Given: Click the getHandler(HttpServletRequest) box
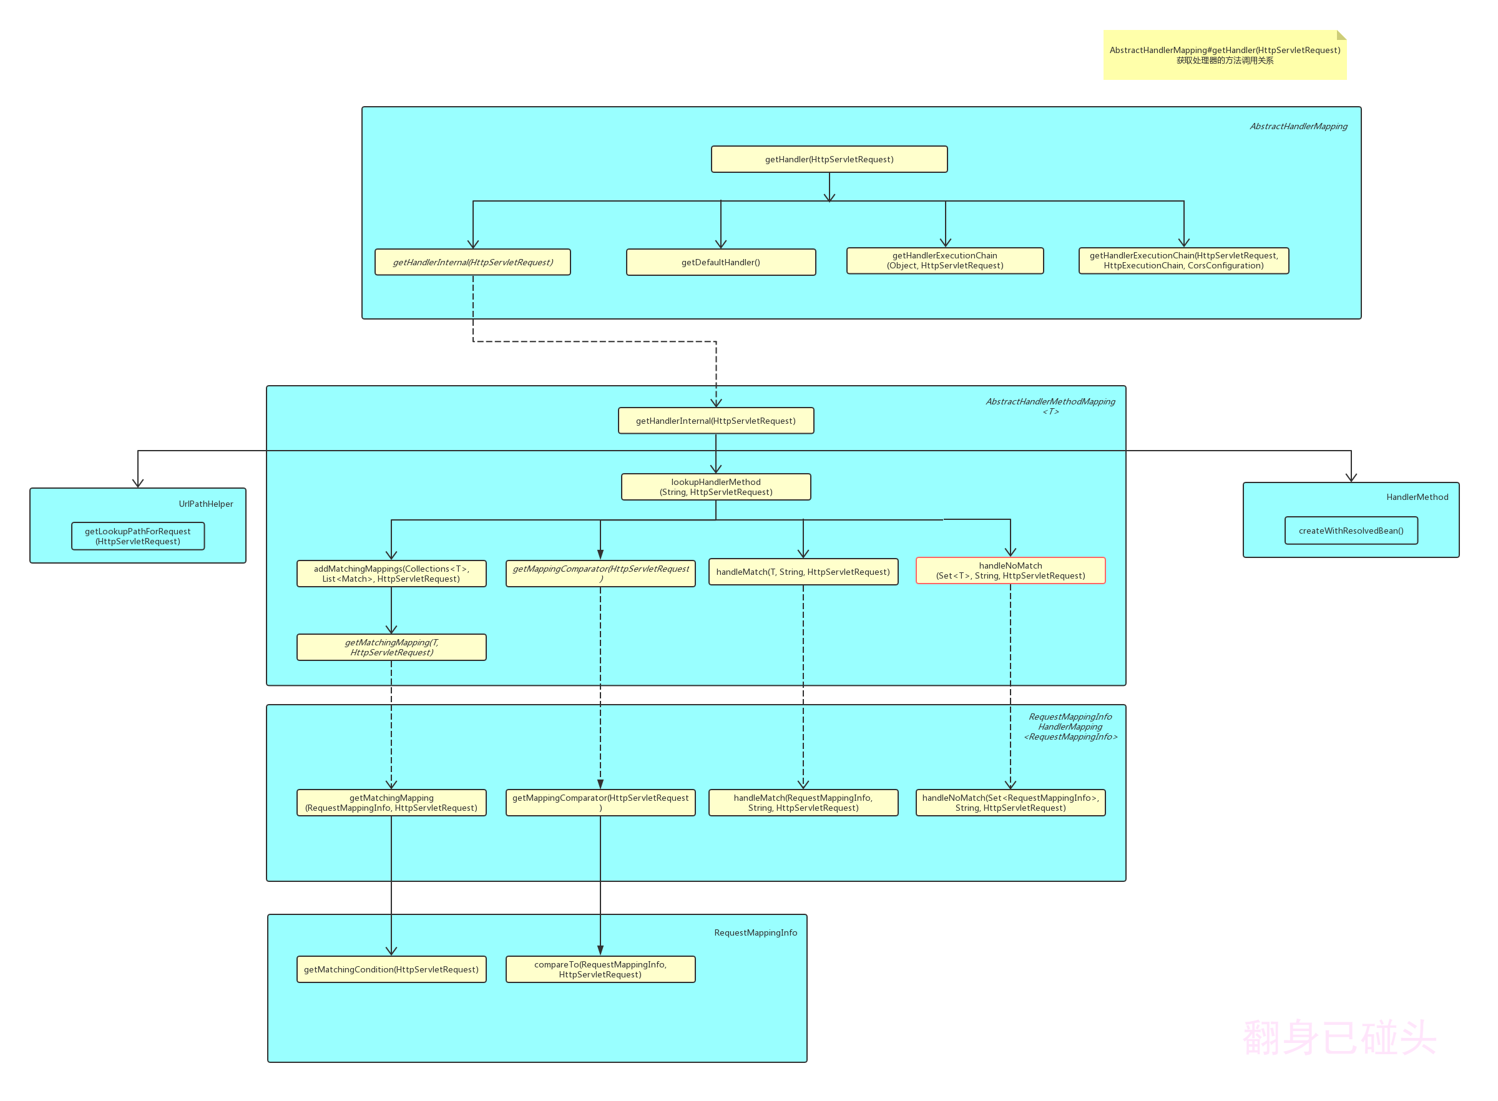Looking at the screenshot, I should point(828,159).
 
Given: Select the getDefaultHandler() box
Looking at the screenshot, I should point(720,262).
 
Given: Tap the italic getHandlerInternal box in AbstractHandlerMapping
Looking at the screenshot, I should point(472,262).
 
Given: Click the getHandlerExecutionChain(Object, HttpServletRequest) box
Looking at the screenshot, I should point(944,261).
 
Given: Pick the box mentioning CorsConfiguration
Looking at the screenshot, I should point(1183,261).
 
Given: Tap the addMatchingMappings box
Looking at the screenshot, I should point(391,574).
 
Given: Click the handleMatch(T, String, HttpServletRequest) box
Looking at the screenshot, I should point(802,572).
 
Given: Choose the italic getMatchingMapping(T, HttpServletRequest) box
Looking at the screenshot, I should point(391,647).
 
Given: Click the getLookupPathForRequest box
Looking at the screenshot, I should point(137,537).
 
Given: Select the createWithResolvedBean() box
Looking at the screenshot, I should point(1350,531).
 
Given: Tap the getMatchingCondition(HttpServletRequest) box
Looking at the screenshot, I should point(391,969).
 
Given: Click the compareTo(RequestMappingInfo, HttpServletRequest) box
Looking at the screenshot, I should point(600,969).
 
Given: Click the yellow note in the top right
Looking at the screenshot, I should point(1224,56).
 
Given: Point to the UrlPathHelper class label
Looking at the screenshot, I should point(205,504).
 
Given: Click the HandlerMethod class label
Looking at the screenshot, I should point(1416,497).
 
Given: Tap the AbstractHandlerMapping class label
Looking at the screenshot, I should point(1298,127).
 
